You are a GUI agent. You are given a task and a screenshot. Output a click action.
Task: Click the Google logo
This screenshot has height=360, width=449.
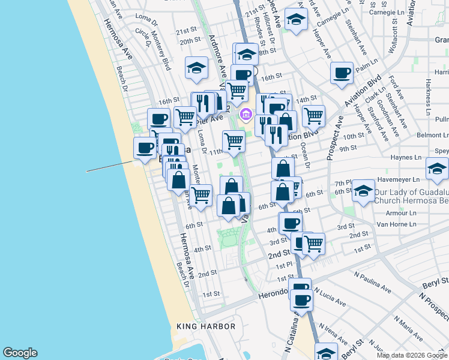[20, 353]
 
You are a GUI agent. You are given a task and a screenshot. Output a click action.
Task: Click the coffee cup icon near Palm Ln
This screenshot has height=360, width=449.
[342, 73]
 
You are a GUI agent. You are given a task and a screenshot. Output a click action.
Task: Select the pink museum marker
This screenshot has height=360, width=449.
[245, 114]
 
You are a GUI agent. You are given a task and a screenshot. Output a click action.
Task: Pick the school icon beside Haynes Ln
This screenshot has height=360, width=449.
[437, 168]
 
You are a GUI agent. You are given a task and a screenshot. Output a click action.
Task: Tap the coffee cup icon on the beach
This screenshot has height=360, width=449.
[145, 148]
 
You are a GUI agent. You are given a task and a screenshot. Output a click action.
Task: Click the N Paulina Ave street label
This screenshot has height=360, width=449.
[373, 280]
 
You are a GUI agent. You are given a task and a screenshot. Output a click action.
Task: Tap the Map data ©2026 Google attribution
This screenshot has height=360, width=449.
[412, 355]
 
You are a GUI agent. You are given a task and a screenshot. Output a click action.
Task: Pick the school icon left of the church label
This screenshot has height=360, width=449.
[363, 191]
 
